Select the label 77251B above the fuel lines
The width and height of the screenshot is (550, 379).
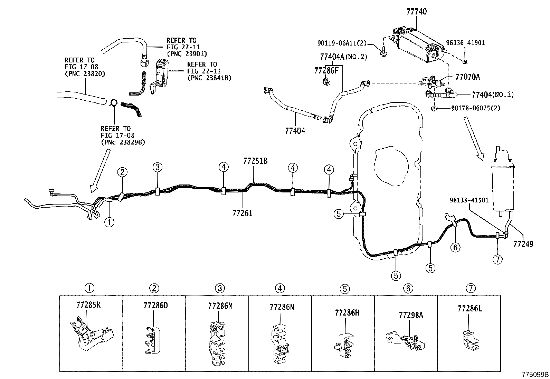tap(255, 161)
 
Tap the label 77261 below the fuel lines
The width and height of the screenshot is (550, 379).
tap(242, 213)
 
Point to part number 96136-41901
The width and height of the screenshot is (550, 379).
tap(465, 43)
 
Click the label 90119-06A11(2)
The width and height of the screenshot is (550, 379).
tap(341, 43)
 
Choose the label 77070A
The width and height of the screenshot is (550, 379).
tap(467, 77)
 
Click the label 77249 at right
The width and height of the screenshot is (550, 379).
tap(523, 244)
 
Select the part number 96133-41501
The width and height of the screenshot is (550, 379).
tap(469, 200)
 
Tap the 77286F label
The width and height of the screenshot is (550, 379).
tap(326, 71)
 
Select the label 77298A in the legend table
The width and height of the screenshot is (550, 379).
tap(411, 315)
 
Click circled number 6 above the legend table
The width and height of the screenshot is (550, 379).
tap(408, 288)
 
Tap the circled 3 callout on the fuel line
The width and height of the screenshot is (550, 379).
tap(157, 168)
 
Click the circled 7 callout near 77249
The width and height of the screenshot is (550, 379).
tap(497, 259)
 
